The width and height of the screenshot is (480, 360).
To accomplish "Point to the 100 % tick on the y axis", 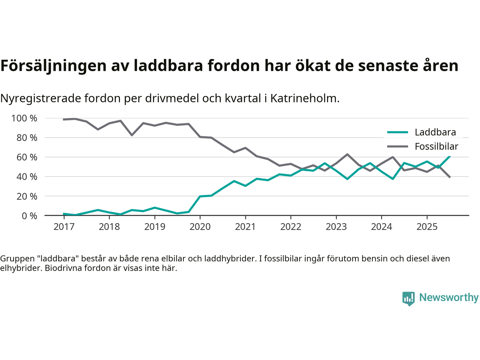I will pyautogui.click(x=24, y=118).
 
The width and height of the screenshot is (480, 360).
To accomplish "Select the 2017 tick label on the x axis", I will pyautogui.click(x=64, y=227).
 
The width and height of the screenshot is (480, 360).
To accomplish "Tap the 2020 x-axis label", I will pyautogui.click(x=200, y=227).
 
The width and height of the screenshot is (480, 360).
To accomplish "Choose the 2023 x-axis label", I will pyautogui.click(x=336, y=227).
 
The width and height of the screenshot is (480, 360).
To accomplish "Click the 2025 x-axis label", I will pyautogui.click(x=427, y=227).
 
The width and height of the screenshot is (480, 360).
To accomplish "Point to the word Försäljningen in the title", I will pyautogui.click(x=53, y=66).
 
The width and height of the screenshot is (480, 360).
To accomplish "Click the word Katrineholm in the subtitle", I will pyautogui.click(x=304, y=98).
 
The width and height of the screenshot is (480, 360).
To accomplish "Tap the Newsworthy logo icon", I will pyautogui.click(x=408, y=298).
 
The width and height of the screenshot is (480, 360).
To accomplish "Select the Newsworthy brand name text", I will pyautogui.click(x=448, y=297).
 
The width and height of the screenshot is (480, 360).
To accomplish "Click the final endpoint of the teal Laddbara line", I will pyautogui.click(x=450, y=156).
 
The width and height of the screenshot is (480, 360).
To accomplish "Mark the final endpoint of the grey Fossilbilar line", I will pyautogui.click(x=450, y=177).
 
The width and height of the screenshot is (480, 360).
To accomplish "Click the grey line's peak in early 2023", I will pyautogui.click(x=347, y=154).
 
